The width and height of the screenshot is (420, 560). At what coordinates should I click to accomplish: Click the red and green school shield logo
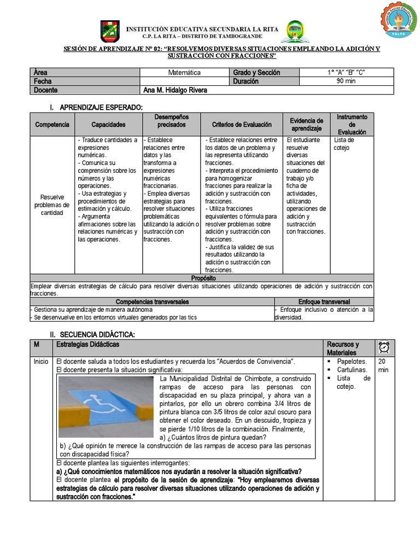coord(110,31)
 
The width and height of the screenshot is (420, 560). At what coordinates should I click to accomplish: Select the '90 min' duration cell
coord(346,81)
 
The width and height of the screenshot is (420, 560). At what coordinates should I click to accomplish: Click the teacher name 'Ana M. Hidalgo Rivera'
coord(175,90)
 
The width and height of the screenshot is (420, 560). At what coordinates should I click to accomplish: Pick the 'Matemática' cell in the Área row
coord(184,72)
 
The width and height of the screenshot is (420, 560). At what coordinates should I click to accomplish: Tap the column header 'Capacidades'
coord(108,125)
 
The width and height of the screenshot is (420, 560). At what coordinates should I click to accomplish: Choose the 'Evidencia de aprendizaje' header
coord(306,125)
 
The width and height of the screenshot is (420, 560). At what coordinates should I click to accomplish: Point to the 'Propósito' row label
coord(202,278)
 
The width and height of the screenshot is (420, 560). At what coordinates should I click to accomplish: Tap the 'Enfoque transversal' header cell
coord(324,301)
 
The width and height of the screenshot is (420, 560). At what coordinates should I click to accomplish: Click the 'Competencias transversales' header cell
coord(153,301)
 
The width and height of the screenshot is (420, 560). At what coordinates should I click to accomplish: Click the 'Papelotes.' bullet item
coord(352,361)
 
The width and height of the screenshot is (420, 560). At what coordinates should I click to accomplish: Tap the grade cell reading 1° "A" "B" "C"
coord(346,72)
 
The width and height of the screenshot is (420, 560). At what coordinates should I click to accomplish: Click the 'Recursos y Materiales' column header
coord(343,348)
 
